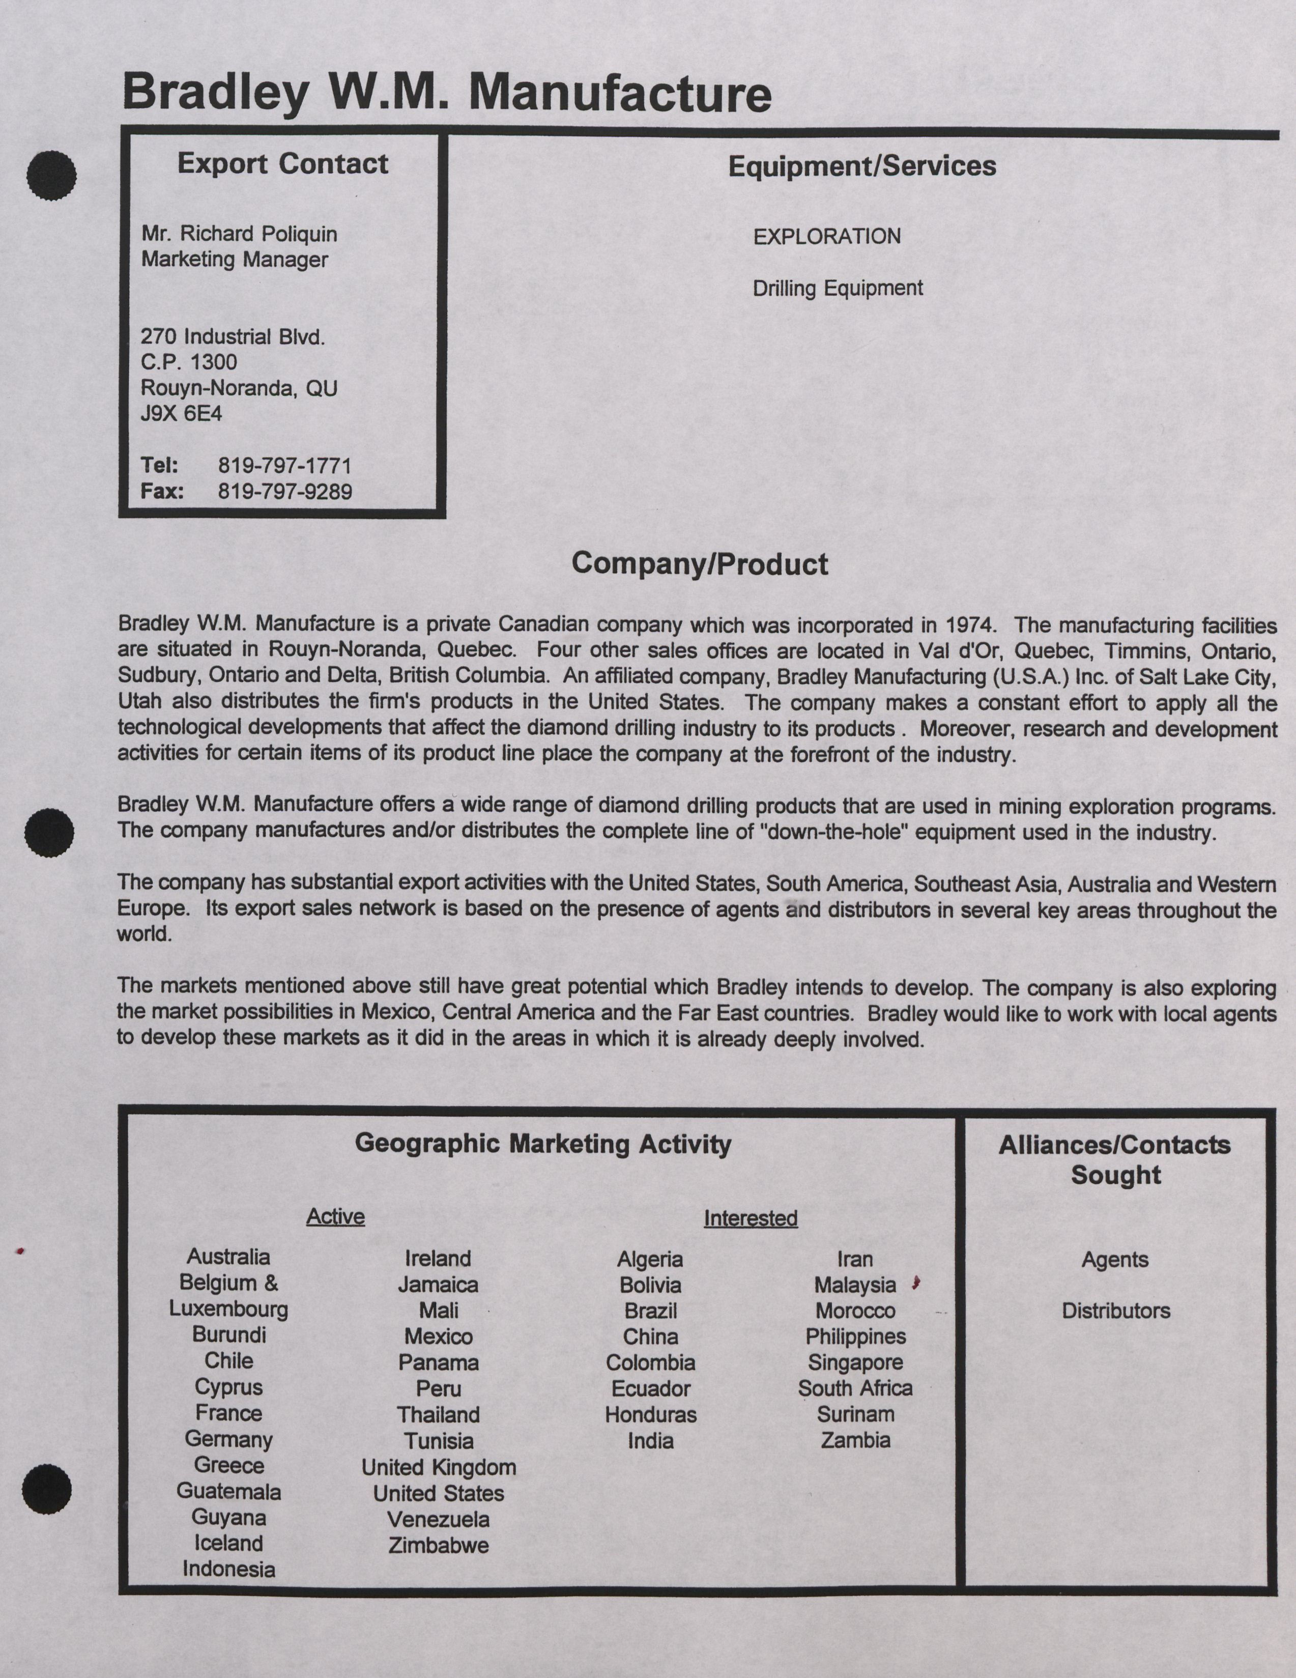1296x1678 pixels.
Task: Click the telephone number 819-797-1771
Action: [x=284, y=466]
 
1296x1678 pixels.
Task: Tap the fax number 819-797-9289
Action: [x=284, y=492]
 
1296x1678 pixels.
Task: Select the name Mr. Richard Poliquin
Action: [x=239, y=234]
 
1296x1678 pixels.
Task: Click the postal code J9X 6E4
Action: [x=181, y=414]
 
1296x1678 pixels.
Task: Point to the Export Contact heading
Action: [x=283, y=164]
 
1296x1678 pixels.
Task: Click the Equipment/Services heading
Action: [x=862, y=166]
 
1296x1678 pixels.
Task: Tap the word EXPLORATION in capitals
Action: [x=827, y=237]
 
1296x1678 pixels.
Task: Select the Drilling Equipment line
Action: [x=838, y=289]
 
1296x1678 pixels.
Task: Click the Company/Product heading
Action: [x=699, y=564]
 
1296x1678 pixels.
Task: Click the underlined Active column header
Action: [x=335, y=1216]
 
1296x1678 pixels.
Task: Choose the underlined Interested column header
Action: [x=751, y=1218]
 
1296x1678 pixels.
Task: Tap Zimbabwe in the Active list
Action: [x=438, y=1545]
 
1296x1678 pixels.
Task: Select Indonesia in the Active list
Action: [x=229, y=1569]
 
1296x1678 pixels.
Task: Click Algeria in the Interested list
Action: [x=650, y=1259]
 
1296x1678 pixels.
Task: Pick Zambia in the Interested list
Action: [x=855, y=1440]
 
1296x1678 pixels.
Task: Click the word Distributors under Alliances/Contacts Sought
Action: [x=1115, y=1311]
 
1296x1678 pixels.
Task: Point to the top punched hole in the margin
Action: [x=51, y=175]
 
